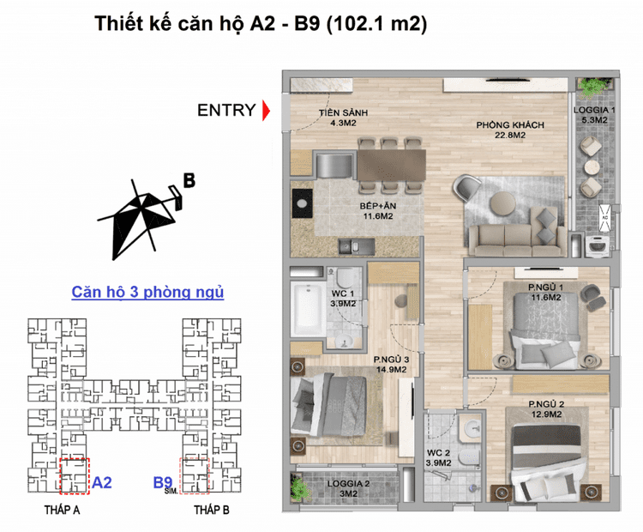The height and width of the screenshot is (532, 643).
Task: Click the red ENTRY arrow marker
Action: [266, 110]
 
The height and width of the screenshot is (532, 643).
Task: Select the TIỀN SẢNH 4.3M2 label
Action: [343, 118]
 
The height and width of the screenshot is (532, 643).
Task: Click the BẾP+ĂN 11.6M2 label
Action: [378, 210]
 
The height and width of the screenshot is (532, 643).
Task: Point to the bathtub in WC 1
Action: [309, 309]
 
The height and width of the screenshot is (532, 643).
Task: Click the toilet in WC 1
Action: [344, 277]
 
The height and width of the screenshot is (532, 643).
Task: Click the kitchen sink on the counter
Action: [356, 247]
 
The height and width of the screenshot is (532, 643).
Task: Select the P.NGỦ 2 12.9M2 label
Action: [546, 409]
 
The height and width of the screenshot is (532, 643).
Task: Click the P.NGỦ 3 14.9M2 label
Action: [391, 364]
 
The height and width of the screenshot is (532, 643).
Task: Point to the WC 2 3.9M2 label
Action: [438, 458]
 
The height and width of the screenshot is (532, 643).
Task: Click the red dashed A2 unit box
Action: [75, 476]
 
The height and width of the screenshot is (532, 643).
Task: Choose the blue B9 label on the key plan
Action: [163, 482]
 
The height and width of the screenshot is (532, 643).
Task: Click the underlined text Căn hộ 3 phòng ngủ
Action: [147, 293]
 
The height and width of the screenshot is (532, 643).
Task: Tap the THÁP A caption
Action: [62, 511]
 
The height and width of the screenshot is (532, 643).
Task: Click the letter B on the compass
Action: [189, 180]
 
